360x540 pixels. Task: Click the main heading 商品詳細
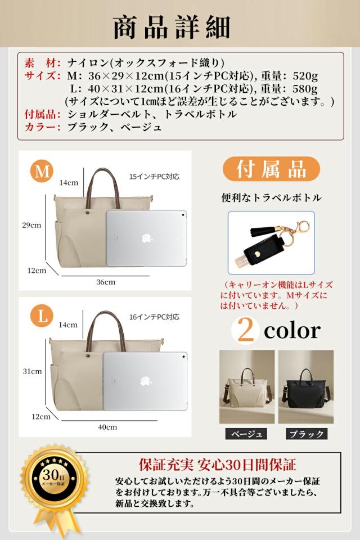pos(172,27)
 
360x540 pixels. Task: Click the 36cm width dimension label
pos(106,282)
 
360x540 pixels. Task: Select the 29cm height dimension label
pos(32,225)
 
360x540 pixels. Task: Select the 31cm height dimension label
pos(32,371)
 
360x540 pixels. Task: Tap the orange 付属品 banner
pos(271,169)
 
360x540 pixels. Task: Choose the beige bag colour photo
pos(247,386)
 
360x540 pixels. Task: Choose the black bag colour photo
pos(305,386)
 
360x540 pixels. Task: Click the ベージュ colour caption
pos(246,434)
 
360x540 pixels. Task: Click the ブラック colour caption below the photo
pos(305,434)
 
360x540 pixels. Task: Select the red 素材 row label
pos(39,62)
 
